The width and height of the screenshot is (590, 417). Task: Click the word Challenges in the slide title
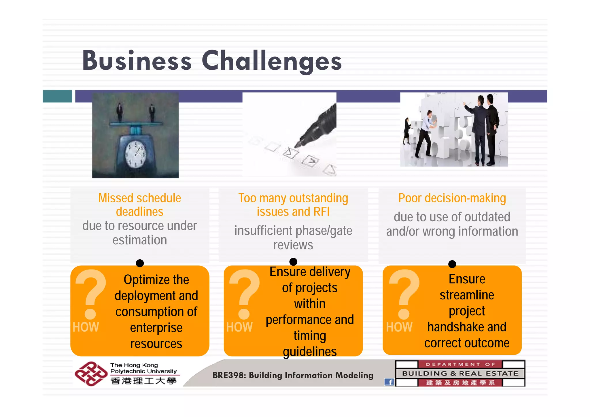271,61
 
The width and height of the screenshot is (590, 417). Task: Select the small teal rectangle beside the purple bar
57,96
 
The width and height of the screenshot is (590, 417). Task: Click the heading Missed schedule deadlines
140,205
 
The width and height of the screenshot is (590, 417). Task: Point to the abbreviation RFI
321,212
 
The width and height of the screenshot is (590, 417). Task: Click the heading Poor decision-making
452,198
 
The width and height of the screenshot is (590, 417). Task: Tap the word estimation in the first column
140,240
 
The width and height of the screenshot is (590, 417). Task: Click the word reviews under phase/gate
293,245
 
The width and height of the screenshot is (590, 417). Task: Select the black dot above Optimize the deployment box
140,263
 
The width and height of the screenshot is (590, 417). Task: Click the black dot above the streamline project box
452,264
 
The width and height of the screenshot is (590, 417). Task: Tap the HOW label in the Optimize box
86,327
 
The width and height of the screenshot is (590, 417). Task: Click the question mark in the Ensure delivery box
244,294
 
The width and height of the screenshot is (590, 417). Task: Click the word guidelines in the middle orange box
310,352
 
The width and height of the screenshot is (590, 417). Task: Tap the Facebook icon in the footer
389,382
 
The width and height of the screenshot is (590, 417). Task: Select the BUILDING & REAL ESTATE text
460,373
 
